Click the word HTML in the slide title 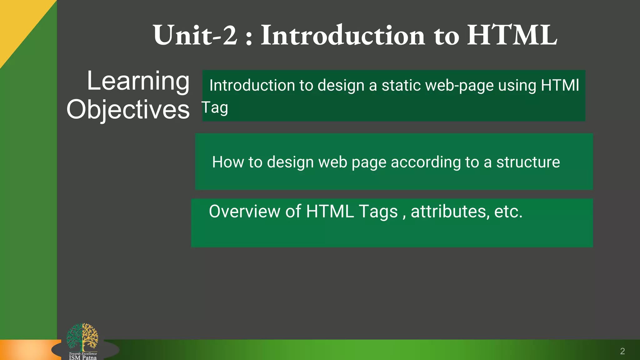pos(512,35)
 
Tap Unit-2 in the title pos(195,35)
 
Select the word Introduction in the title pos(343,35)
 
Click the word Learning pos(138,81)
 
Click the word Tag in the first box pos(215,108)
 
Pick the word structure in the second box pos(528,162)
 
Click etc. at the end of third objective pos(508,212)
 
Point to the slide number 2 pos(622,351)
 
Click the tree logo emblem pos(82,337)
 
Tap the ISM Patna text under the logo pos(83,357)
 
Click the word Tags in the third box pos(378,212)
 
